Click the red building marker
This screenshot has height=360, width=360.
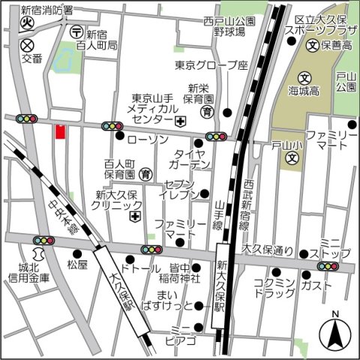pos(60,131)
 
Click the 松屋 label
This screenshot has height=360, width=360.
pos(77,264)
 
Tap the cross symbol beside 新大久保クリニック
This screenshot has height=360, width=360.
pos(134,217)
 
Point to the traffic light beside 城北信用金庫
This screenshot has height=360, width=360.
pos(43,241)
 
